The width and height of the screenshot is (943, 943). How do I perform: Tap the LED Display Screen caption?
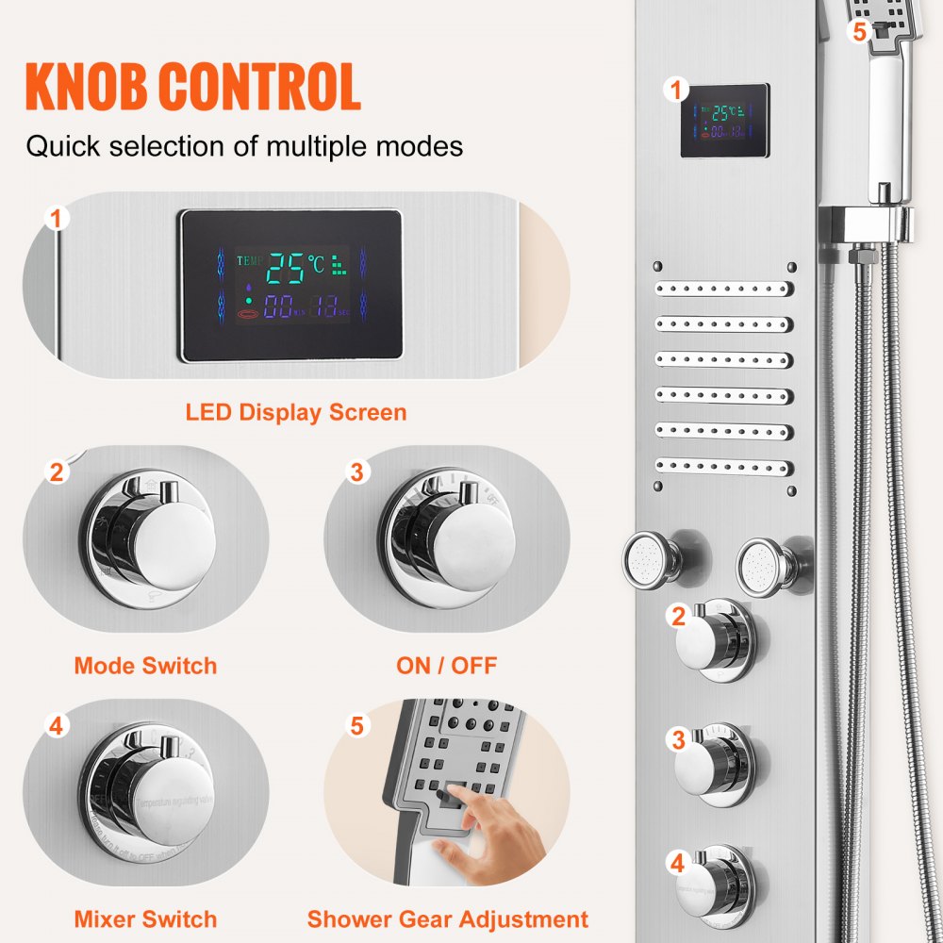pos(295,412)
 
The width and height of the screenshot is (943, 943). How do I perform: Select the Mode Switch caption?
pos(145,666)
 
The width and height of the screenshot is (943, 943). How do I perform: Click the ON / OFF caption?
pos(446,666)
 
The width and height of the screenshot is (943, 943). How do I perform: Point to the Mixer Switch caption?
pos(145,919)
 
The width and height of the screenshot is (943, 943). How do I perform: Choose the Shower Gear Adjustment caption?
pos(447,919)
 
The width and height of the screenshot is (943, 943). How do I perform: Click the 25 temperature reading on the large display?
pos(286,268)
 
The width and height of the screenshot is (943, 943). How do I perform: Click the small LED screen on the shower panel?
pos(724,121)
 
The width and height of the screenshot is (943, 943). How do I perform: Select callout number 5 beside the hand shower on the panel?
pos(858,30)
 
